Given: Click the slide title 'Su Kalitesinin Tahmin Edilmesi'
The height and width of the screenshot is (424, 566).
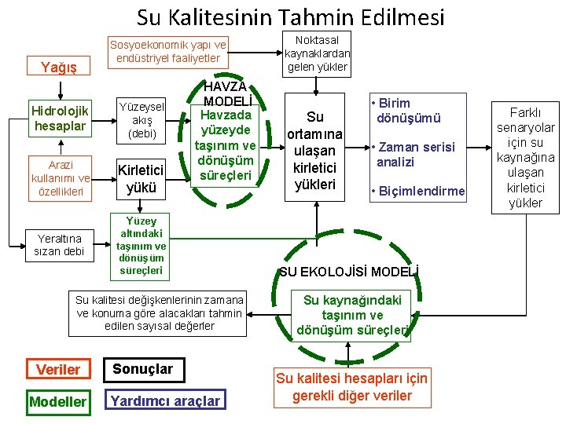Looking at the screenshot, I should pos(290,16).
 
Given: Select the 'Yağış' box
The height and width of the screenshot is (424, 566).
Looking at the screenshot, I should pos(58,68).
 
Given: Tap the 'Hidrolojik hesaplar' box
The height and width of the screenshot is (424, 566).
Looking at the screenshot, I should pos(61,118).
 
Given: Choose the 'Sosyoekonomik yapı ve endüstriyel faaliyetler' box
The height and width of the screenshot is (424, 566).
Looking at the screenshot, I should pos(168,52).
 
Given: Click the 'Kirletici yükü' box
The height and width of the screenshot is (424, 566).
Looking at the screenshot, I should pos(142,178).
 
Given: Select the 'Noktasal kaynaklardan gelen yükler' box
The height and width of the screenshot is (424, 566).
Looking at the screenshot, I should pos(317,54).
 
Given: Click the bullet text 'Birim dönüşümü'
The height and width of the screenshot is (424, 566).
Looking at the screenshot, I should pos(409,111).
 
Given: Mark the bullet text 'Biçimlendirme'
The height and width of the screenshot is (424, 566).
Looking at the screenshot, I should pos(417,191).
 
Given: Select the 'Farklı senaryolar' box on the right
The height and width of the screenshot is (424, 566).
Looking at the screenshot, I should pos(525,157).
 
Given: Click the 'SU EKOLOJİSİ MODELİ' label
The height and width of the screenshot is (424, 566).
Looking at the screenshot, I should pos(348,272).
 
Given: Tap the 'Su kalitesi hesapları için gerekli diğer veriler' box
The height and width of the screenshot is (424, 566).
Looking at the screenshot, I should pos(351,387).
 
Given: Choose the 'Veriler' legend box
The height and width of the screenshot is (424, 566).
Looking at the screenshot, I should pos(58,369).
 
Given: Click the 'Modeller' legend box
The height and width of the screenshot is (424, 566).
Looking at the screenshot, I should pos(57,401).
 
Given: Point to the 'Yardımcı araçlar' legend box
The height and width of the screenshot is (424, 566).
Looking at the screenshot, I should pos(165,401).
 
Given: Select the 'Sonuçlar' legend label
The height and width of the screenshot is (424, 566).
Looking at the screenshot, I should pos(142,368).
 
